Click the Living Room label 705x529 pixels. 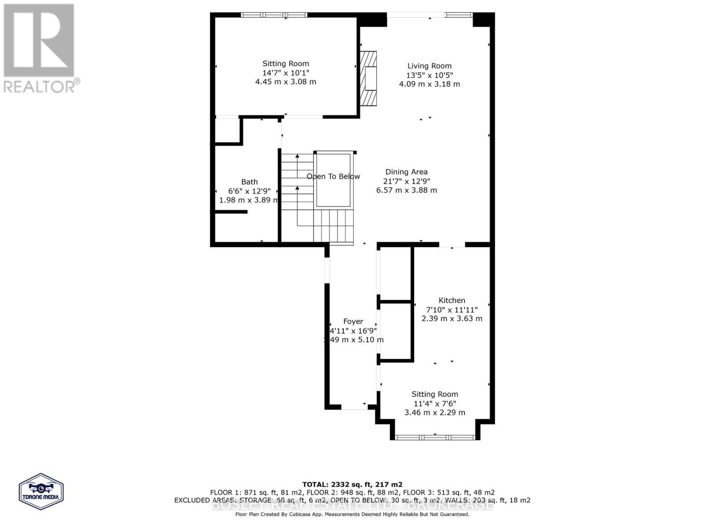(429, 66)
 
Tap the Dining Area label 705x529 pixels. (406, 172)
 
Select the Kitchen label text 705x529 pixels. (452, 300)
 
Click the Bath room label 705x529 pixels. (249, 182)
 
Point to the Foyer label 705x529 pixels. (353, 321)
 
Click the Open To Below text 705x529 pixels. (333, 176)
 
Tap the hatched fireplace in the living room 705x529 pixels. (369, 78)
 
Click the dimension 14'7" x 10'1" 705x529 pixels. (286, 73)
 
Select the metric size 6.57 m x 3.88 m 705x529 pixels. (406, 190)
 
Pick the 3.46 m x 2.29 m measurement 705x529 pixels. (434, 413)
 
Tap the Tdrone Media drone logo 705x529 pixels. (41, 491)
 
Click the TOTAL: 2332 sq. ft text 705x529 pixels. (352, 484)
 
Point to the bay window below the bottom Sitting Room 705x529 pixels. (435, 437)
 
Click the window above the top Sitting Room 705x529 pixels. (274, 15)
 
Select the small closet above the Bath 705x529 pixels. (227, 130)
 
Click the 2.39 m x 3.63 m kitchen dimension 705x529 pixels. (452, 319)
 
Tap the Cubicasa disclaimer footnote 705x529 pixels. (352, 514)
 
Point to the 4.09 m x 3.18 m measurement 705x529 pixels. (429, 84)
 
